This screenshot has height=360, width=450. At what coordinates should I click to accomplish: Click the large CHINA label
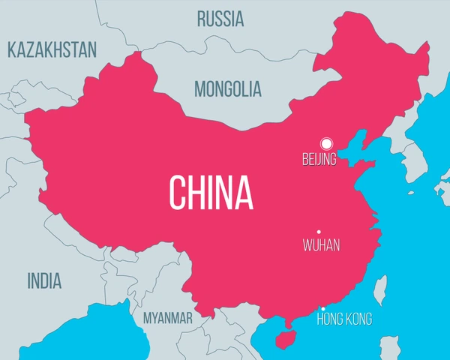[211, 193]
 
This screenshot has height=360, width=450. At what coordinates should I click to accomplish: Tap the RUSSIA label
[220, 19]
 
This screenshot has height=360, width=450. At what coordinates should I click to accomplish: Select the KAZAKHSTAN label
[52, 50]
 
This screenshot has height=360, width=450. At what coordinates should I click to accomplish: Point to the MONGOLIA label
[228, 89]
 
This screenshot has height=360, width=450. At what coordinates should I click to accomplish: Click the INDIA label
[44, 281]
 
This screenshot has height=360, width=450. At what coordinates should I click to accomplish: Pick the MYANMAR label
[168, 319]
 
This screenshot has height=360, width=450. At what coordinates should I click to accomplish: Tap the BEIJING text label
[319, 159]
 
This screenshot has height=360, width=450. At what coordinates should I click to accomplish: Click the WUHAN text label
[321, 245]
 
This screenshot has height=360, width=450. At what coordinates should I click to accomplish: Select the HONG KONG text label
[344, 319]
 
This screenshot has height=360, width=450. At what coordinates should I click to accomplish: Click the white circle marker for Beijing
[326, 143]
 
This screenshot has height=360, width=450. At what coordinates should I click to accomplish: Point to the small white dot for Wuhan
[319, 232]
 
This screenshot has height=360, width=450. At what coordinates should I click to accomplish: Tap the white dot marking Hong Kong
[323, 309]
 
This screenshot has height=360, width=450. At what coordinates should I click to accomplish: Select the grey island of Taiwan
[380, 289]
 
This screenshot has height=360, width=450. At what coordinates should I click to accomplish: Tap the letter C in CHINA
[177, 193]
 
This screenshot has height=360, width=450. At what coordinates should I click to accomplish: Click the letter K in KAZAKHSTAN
[12, 50]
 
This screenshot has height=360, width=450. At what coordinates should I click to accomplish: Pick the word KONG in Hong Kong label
[358, 319]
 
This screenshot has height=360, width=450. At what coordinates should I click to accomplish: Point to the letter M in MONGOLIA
[201, 89]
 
